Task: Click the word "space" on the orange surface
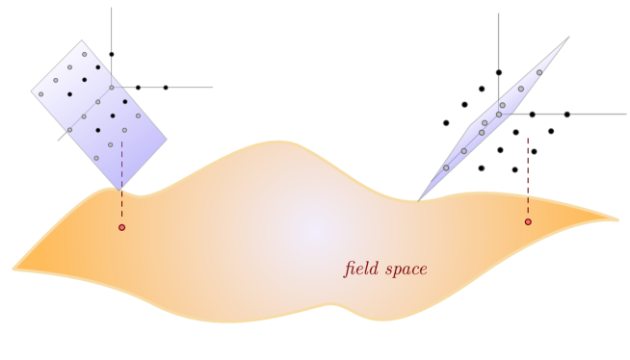pyautogui.click(x=406, y=270)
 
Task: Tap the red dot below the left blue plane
pyautogui.click(x=121, y=227)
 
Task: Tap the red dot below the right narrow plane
pyautogui.click(x=528, y=222)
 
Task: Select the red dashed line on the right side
pyautogui.click(x=528, y=178)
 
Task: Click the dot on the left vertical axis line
pyautogui.click(x=112, y=55)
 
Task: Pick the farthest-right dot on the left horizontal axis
pyautogui.click(x=166, y=88)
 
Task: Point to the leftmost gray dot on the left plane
pyautogui.click(x=40, y=93)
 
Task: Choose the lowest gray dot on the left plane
pyautogui.click(x=96, y=158)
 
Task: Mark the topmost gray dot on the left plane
pyautogui.click(x=84, y=55)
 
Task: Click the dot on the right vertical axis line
pyautogui.click(x=499, y=72)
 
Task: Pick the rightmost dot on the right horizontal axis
pyautogui.click(x=567, y=115)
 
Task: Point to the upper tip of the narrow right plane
pyautogui.click(x=569, y=37)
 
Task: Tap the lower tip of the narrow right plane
pyautogui.click(x=420, y=199)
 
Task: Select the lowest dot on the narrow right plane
pyautogui.click(x=446, y=167)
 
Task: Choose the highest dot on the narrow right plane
pyautogui.click(x=539, y=71)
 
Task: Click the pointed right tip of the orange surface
pyautogui.click(x=619, y=220)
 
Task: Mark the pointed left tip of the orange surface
pyautogui.click(x=12, y=269)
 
